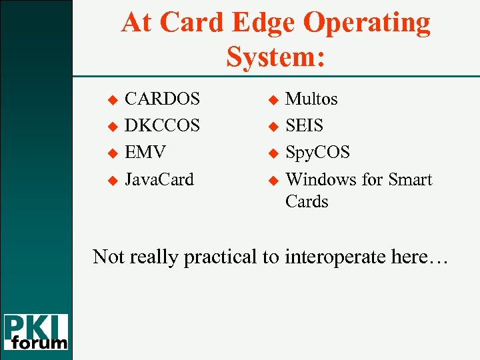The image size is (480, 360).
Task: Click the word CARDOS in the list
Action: tap(162, 99)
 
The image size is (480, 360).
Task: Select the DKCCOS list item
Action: tap(163, 126)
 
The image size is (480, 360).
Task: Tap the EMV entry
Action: tap(145, 153)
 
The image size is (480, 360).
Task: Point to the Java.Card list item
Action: tap(159, 179)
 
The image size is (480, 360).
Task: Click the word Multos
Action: tap(311, 99)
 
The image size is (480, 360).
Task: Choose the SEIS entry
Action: tap(304, 126)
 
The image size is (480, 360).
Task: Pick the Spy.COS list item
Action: tap(317, 153)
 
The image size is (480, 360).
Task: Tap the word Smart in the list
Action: tap(410, 179)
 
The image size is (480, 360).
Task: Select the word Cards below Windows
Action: tap(307, 201)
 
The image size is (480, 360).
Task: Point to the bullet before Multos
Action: tap(272, 100)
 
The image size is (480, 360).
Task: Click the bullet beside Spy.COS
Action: tap(272, 153)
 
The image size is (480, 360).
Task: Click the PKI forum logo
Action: tap(36, 332)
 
